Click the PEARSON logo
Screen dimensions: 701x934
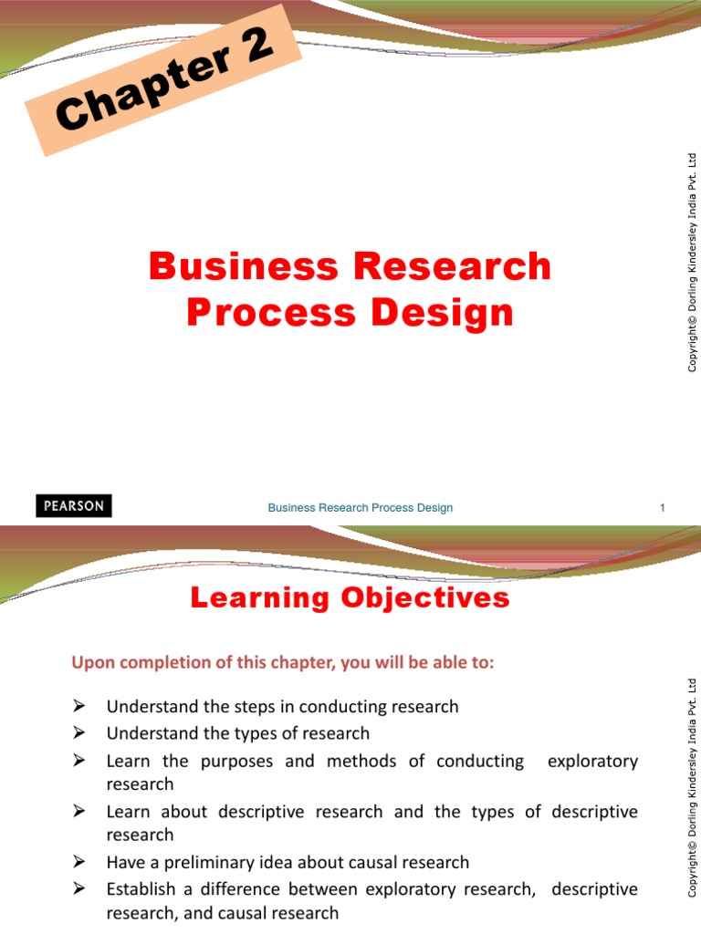coord(74,505)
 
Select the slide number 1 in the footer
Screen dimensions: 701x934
coord(663,507)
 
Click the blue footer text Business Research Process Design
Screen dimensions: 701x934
coord(360,507)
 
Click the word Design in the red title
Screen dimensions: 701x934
coord(443,314)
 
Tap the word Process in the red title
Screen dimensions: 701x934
coord(271,313)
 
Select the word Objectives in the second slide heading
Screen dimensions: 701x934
coord(425,598)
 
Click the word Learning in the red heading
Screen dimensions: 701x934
coord(260,598)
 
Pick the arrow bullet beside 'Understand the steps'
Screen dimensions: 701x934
coord(78,706)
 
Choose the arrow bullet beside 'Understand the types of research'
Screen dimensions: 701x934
coord(78,732)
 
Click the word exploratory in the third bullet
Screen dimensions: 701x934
coord(592,762)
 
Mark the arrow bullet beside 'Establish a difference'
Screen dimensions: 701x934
coord(78,888)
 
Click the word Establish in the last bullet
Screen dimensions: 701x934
coord(141,889)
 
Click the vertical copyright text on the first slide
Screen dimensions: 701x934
coord(692,263)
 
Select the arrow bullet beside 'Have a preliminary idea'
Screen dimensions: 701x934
coord(78,862)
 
